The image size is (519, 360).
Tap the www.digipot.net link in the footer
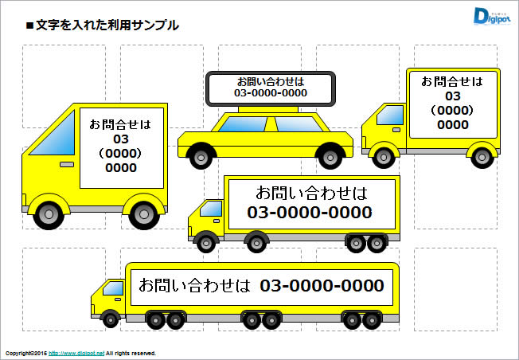pos(82,353)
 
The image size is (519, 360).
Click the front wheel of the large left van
pos(49,212)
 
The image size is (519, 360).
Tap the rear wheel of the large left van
pos(143,213)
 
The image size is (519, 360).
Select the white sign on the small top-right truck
pos(451,102)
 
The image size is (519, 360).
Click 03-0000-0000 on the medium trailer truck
pos(310,213)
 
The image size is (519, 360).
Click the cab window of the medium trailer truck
pos(212,209)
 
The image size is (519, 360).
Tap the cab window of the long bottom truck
pos(114,287)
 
